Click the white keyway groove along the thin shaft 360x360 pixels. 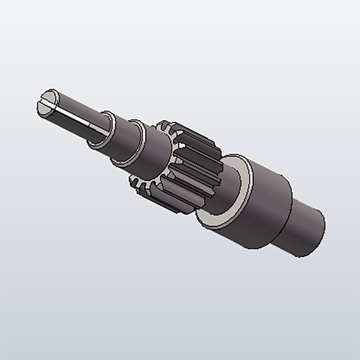tap(77, 118)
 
